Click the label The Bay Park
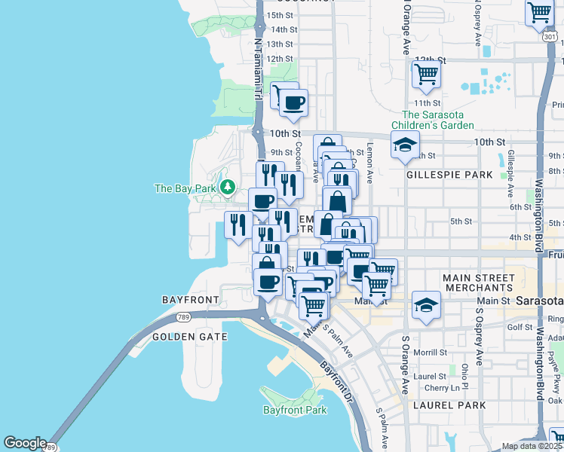[x=185, y=188]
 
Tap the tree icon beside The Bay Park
[x=226, y=187]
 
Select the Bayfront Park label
[x=295, y=410]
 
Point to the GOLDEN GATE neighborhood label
[x=189, y=337]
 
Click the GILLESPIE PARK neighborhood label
[x=449, y=174]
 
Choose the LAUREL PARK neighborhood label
[x=450, y=405]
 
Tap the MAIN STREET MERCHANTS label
[x=479, y=283]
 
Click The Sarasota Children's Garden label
[x=432, y=120]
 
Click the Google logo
[x=26, y=442]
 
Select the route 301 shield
[x=550, y=35]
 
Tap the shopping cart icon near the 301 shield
[x=539, y=12]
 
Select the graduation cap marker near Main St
[x=427, y=305]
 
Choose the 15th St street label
[x=280, y=15]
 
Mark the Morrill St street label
[x=431, y=352]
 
